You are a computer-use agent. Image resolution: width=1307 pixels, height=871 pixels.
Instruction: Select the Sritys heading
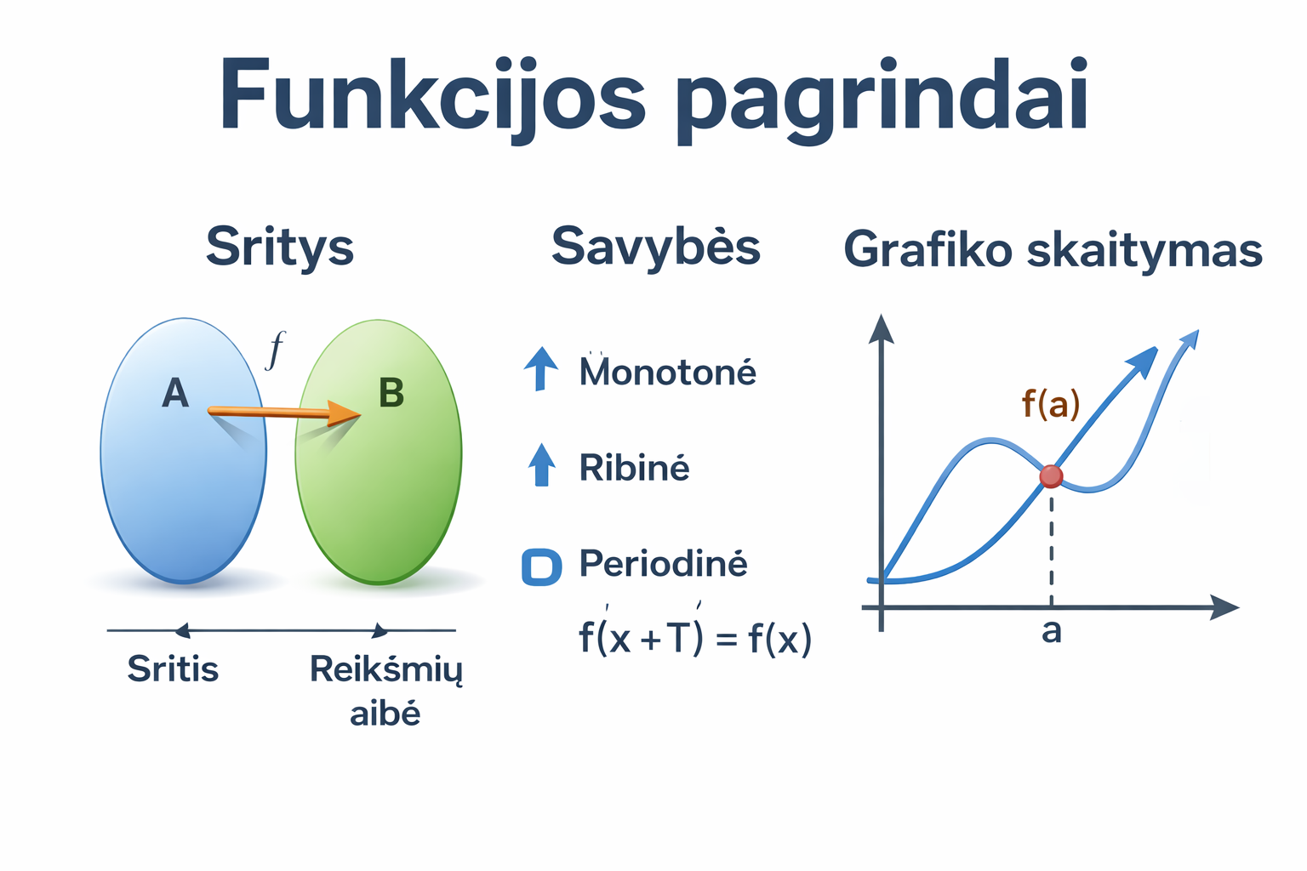(280, 248)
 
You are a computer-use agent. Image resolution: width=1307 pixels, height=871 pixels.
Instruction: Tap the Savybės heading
(655, 247)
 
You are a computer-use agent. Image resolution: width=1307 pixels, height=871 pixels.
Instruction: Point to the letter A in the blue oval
(175, 393)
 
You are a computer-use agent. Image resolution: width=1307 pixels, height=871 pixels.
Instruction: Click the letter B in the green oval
(391, 392)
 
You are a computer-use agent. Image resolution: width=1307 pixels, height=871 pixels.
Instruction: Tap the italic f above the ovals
(274, 349)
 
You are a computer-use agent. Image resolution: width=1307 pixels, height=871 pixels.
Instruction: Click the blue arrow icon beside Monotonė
(541, 368)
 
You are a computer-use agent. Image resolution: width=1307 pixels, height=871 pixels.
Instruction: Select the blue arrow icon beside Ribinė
(541, 464)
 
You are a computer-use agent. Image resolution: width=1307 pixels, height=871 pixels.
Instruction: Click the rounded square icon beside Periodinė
(541, 566)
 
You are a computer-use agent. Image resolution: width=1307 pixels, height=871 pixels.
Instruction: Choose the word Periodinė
(663, 564)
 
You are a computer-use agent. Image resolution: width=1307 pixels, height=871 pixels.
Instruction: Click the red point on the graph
(1052, 476)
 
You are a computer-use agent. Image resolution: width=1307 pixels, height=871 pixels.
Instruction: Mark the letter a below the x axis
(1052, 631)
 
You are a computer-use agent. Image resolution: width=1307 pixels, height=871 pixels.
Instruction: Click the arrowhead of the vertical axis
(882, 328)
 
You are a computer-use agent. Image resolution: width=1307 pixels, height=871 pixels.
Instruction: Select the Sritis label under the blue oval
(173, 669)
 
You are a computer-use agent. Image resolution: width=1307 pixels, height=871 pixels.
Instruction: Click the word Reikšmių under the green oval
(385, 670)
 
